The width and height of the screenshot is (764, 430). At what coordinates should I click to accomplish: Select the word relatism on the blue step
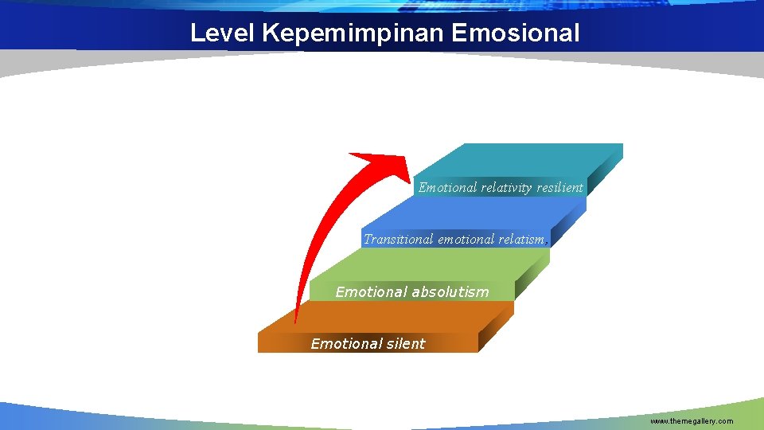tap(521, 239)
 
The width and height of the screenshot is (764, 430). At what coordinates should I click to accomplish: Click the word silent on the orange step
tap(404, 344)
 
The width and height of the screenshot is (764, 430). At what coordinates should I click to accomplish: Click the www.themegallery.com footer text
tap(692, 420)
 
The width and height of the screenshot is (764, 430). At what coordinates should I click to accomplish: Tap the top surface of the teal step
tap(525, 159)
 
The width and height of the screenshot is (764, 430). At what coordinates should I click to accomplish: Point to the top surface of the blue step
tap(470, 213)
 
